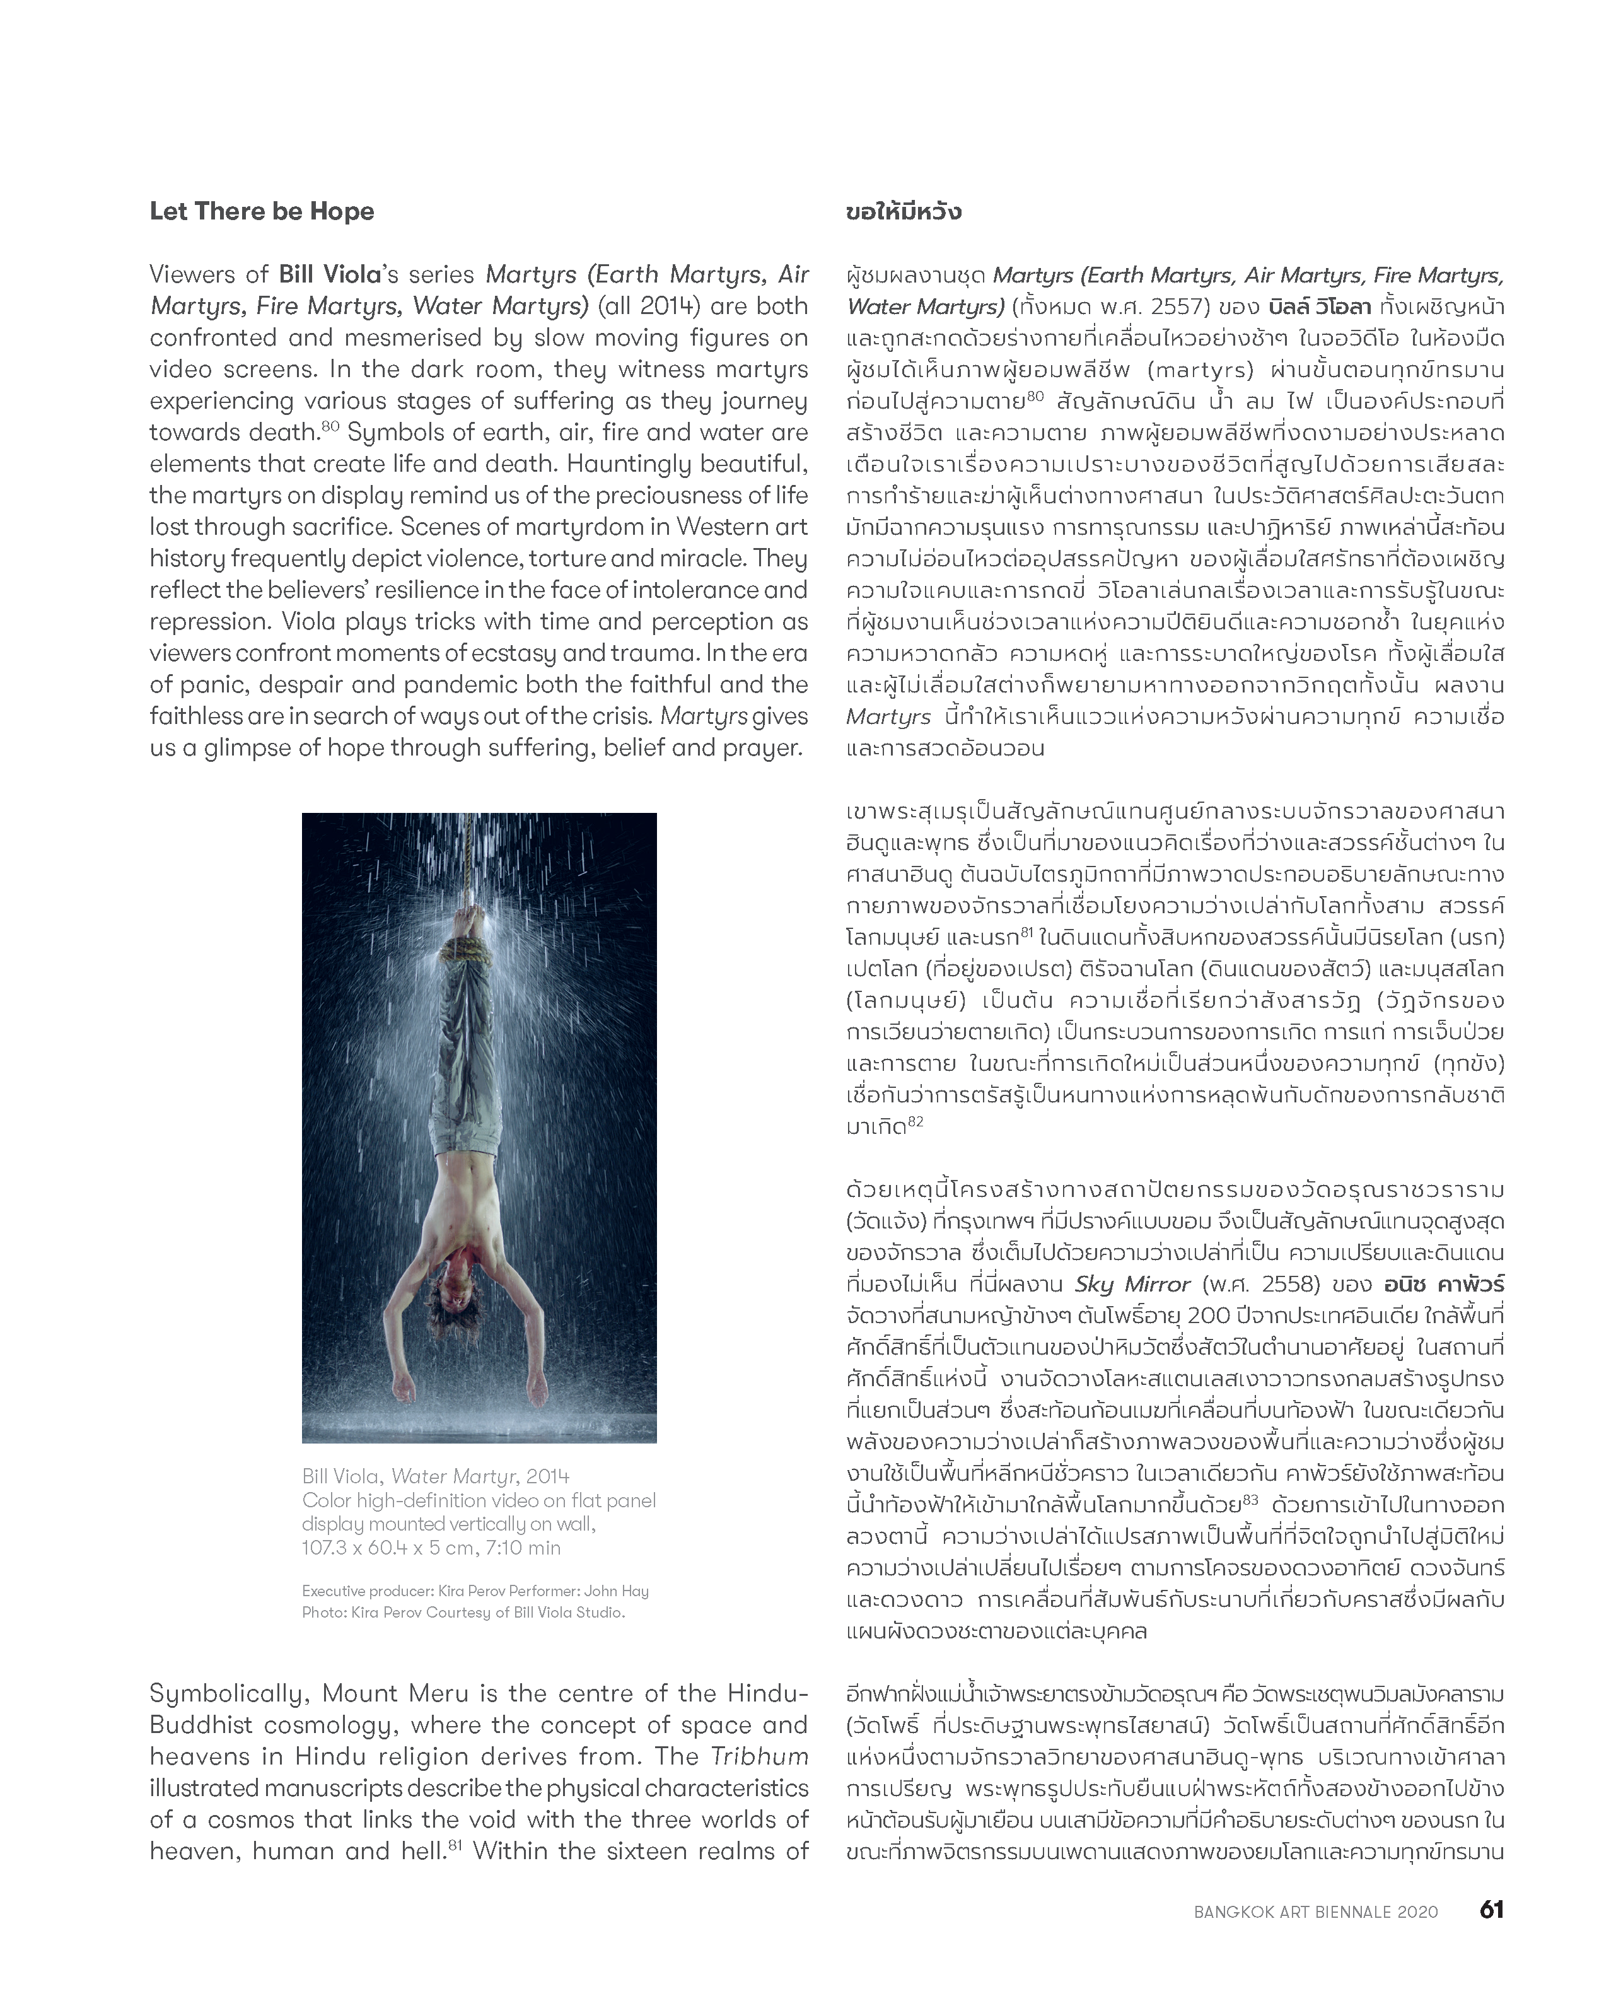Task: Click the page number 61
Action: pyautogui.click(x=1491, y=1909)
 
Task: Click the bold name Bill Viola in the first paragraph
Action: pyautogui.click(x=330, y=275)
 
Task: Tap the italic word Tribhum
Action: pyautogui.click(x=759, y=1756)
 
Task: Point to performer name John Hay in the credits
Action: pyautogui.click(x=617, y=1591)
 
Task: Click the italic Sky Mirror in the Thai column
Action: pyautogui.click(x=1132, y=1285)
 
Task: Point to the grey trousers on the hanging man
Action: pyautogui.click(x=470, y=1053)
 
